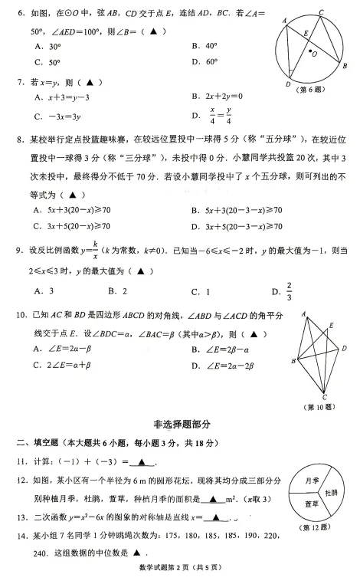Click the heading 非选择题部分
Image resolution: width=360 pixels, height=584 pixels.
(180, 423)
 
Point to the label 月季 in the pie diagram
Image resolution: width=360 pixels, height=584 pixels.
(311, 480)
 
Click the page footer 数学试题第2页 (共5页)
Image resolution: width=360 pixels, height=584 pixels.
(181, 568)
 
